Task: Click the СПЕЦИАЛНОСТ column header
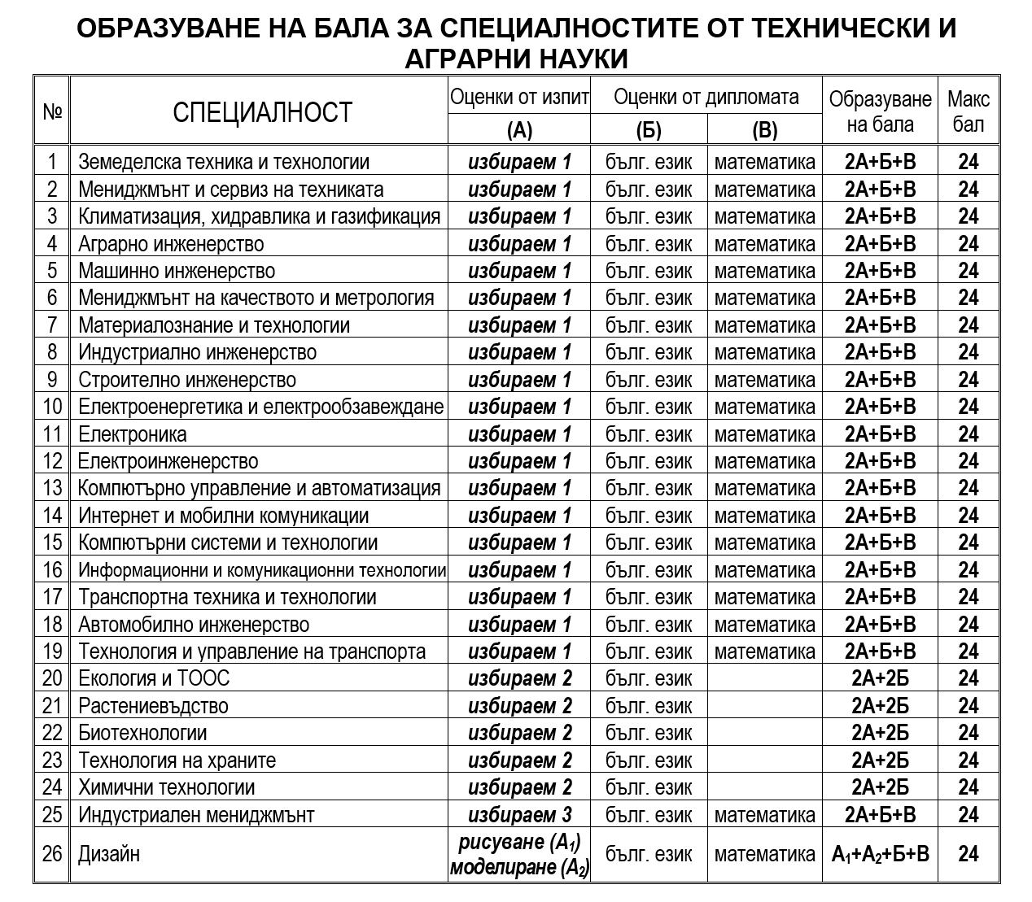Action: [x=262, y=111]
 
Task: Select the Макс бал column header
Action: [x=969, y=111]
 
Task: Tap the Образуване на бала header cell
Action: [x=880, y=111]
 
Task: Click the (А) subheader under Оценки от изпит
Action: [x=518, y=131]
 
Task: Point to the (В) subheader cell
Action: [x=764, y=131]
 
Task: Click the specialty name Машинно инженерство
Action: [x=177, y=271]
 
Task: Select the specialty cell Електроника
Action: [x=133, y=434]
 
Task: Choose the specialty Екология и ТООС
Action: [x=154, y=678]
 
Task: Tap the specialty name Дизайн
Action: [x=109, y=854]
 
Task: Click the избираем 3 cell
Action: [x=519, y=815]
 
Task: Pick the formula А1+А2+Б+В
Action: [x=880, y=854]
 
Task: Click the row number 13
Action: [x=52, y=488]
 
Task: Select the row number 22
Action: [x=52, y=733]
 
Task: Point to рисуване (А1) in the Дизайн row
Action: [x=519, y=842]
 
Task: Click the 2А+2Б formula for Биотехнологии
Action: [x=880, y=733]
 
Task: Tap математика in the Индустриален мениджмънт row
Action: [x=764, y=815]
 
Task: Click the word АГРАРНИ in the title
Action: [x=470, y=59]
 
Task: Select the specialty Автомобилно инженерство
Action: [x=194, y=625]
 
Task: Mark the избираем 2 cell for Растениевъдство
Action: [x=519, y=706]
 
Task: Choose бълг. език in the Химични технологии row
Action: [x=649, y=787]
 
